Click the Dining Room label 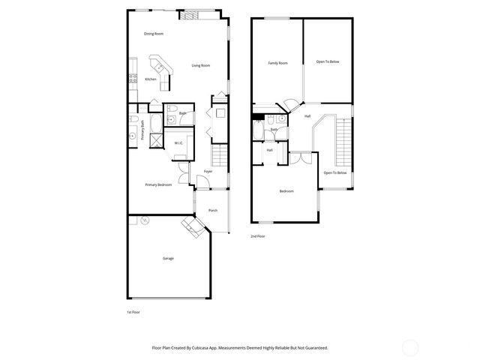(x=154, y=34)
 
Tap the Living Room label (x=200, y=65)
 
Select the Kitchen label (x=151, y=79)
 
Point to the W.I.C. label (x=179, y=142)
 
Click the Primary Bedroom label (x=158, y=184)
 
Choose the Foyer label (x=208, y=171)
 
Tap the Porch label (x=213, y=211)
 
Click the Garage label (x=168, y=258)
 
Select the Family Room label (x=278, y=62)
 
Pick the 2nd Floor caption (x=257, y=236)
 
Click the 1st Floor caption (x=133, y=311)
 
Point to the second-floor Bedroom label (x=286, y=191)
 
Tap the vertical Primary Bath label (x=142, y=130)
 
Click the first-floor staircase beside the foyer (x=219, y=157)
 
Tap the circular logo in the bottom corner (x=410, y=347)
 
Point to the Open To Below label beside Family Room (x=328, y=61)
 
